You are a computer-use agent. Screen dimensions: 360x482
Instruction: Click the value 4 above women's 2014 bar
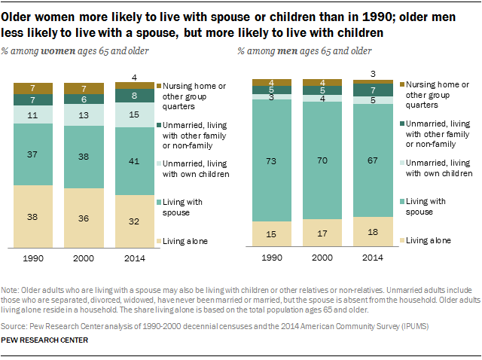[134, 77]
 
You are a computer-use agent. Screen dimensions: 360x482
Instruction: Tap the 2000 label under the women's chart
[84, 258]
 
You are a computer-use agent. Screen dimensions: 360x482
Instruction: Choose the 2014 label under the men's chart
[373, 258]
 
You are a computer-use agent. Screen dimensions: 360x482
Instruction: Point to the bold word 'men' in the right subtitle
[284, 51]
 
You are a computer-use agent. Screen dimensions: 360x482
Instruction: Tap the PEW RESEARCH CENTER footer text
[45, 340]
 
